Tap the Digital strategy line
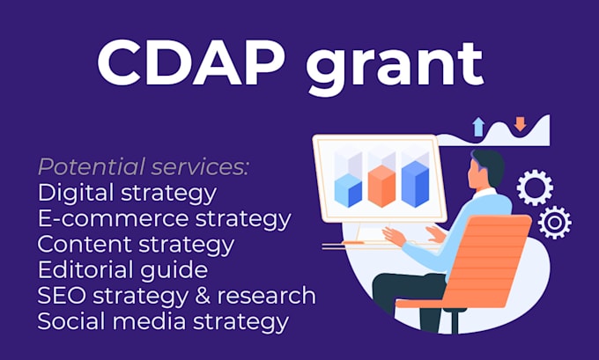tap(127, 192)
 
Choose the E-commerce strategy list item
tap(164, 217)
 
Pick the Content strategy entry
tap(136, 243)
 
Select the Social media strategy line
tap(162, 320)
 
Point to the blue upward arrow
tap(478, 126)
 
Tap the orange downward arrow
tap(520, 124)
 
